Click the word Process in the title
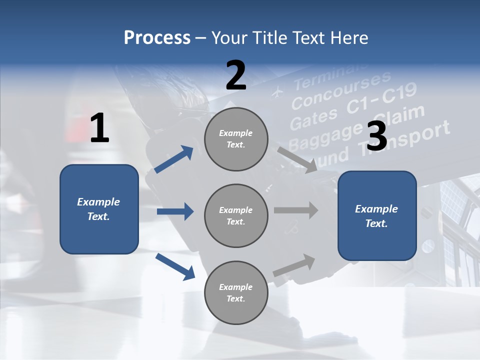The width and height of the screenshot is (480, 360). [x=157, y=37]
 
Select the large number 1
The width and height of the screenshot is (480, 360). [x=99, y=128]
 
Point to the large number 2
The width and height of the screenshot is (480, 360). [x=236, y=75]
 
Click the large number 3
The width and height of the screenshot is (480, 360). [x=376, y=136]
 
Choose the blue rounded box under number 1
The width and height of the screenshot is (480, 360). [x=99, y=209]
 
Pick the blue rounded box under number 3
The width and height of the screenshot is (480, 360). [x=377, y=215]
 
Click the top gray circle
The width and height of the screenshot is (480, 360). [x=236, y=139]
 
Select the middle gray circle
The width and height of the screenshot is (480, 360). [x=236, y=215]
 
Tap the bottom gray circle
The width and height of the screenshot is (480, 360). [x=236, y=292]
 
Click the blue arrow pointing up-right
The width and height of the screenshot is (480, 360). [x=174, y=159]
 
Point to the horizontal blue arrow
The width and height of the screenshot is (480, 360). [x=175, y=211]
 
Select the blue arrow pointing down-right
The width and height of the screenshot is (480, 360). [x=175, y=266]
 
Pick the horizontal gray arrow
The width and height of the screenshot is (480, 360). [x=296, y=210]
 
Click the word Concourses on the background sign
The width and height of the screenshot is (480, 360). [x=341, y=90]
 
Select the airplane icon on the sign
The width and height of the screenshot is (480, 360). [x=277, y=92]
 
